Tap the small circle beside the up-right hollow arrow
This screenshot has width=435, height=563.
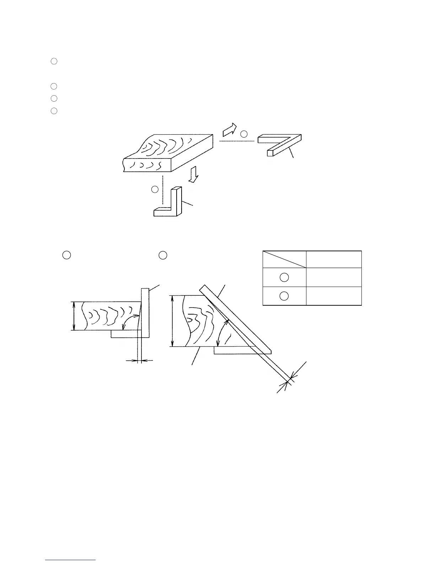pos(243,134)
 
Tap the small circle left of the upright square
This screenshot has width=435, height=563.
pos(155,189)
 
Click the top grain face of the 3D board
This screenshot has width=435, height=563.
pos(167,149)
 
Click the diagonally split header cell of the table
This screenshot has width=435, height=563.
pos(284,259)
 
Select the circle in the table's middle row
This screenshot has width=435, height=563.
pos(284,277)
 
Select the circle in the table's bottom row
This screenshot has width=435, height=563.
pos(284,296)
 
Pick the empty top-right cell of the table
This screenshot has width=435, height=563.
pos(334,259)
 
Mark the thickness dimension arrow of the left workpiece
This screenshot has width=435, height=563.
pos(74,316)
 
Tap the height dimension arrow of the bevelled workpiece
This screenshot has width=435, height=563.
pos(172,321)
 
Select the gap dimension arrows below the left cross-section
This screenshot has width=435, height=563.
pos(139,360)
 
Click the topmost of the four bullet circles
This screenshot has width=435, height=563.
pos(54,61)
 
